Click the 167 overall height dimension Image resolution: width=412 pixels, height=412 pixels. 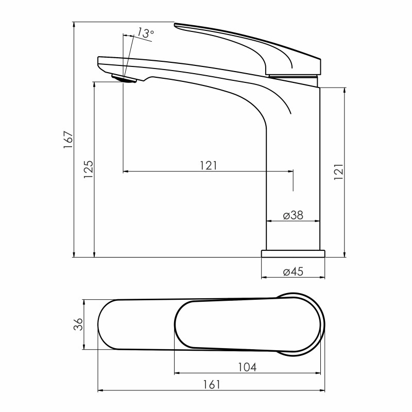pyautogui.click(x=68, y=139)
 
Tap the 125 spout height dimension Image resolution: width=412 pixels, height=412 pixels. pyautogui.click(x=89, y=169)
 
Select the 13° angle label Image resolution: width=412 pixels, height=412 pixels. pyautogui.click(x=145, y=32)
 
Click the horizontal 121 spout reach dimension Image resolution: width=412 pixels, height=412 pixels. pyautogui.click(x=209, y=166)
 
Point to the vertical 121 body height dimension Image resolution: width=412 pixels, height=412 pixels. pyautogui.click(x=339, y=172)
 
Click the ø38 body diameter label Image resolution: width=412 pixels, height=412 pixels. pyautogui.click(x=293, y=215)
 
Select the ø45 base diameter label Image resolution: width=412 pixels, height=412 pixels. pyautogui.click(x=293, y=271)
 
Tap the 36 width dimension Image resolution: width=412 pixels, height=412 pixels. pyautogui.click(x=78, y=324)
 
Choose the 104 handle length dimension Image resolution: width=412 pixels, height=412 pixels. pyautogui.click(x=247, y=367)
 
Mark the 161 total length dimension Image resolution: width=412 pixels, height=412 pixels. pyautogui.click(x=212, y=385)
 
